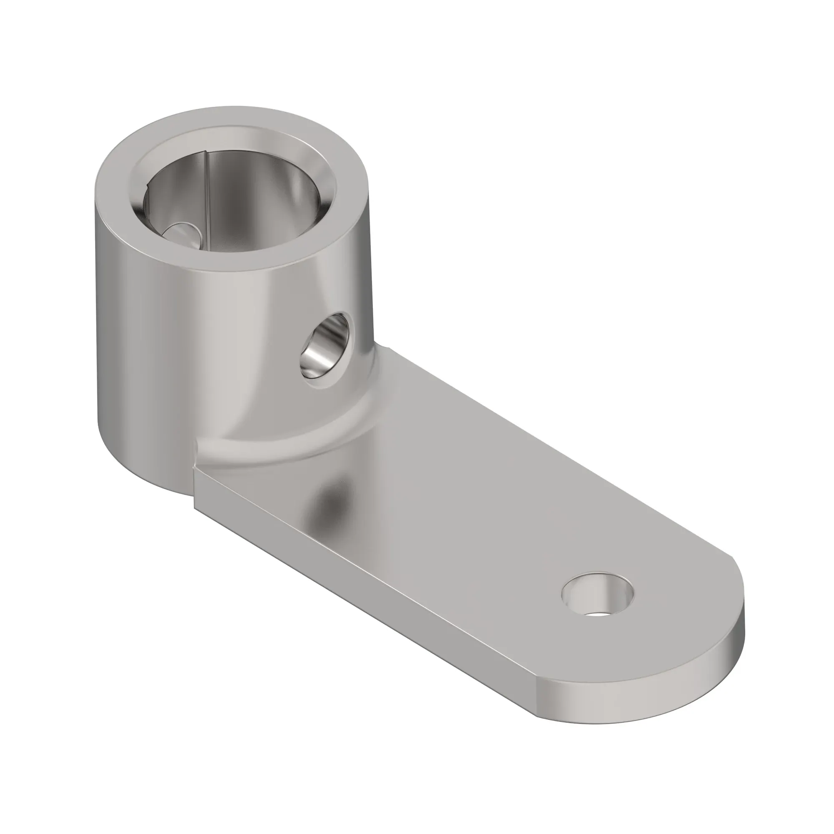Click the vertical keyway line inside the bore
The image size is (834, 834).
tap(207, 190)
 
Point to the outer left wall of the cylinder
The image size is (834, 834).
tap(125, 345)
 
